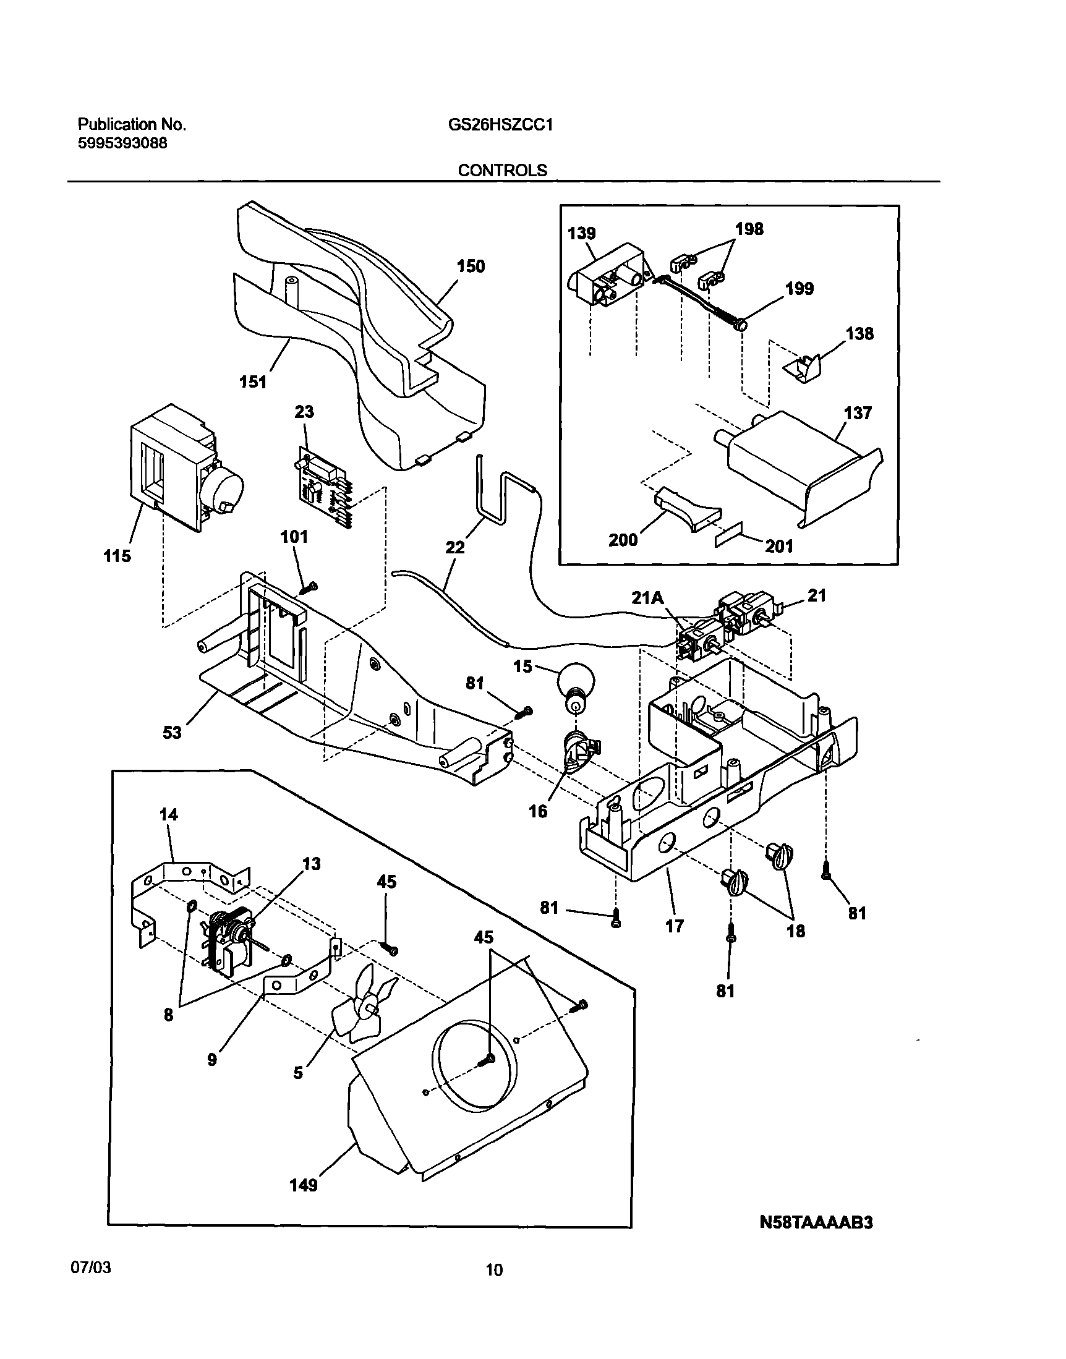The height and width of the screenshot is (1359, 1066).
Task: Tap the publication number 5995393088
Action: point(122,143)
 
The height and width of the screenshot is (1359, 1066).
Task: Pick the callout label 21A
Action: point(648,598)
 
